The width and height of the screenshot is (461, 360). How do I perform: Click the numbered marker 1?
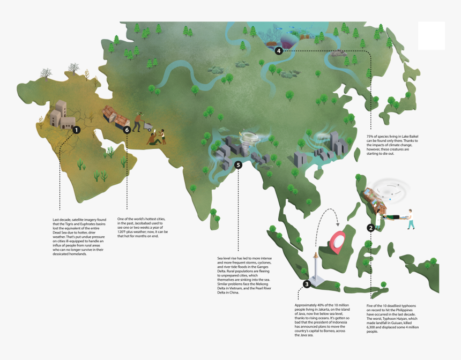76,130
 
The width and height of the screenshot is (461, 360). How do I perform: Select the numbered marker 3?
306,284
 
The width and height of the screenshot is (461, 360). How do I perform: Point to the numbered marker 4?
278,51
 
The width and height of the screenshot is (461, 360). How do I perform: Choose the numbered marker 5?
237,164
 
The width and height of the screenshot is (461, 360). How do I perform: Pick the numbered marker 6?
127,130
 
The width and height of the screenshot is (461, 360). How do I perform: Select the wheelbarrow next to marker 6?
148,126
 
